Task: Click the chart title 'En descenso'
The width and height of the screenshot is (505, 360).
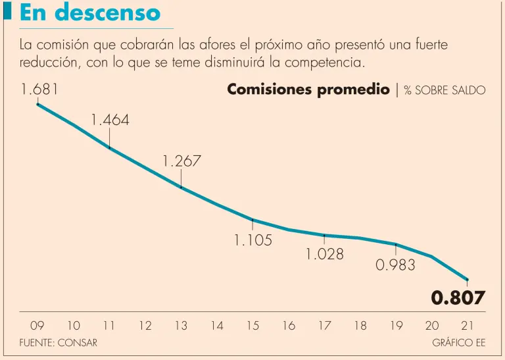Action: click(x=90, y=13)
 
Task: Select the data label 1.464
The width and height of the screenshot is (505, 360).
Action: click(x=110, y=120)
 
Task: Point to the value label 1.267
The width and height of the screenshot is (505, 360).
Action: click(x=181, y=161)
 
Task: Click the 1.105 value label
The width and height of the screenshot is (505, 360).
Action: click(x=253, y=240)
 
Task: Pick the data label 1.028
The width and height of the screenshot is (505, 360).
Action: click(x=325, y=253)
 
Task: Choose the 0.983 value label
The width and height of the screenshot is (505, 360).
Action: click(x=395, y=265)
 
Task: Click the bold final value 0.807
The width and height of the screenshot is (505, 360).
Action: click(x=458, y=297)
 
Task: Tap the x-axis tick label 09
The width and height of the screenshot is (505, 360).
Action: click(x=37, y=325)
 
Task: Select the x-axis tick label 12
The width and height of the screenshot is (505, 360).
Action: click(x=145, y=325)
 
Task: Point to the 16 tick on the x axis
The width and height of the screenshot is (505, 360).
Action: click(x=289, y=325)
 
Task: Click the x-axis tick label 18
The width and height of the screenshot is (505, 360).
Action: click(x=360, y=325)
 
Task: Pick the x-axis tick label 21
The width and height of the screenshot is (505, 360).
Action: click(x=467, y=325)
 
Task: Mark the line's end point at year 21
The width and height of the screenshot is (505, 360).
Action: click(x=467, y=280)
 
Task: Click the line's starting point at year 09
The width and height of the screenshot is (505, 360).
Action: click(x=37, y=104)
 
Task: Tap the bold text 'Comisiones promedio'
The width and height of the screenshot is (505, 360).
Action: click(x=308, y=90)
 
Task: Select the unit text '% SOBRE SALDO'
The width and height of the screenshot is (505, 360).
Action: click(x=445, y=90)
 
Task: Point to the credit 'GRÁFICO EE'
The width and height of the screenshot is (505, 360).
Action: click(x=458, y=343)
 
